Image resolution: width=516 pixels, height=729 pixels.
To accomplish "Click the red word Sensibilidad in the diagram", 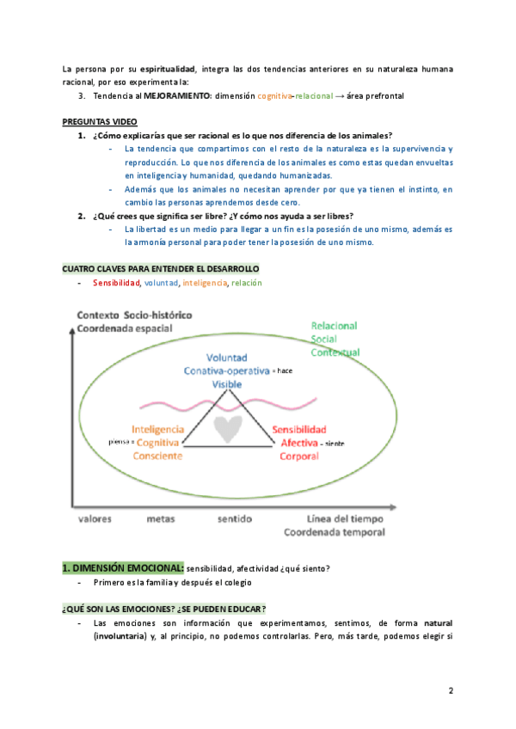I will coord(298,429).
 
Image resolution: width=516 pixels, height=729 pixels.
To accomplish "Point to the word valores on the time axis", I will coord(95,519).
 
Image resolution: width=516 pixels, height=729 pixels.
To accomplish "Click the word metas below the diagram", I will coord(161,519).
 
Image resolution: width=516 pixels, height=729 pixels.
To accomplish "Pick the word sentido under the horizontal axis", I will coord(235,519).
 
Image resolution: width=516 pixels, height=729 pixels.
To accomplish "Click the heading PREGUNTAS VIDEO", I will coord(101,121).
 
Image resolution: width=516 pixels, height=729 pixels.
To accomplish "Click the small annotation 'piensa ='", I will coord(121,441).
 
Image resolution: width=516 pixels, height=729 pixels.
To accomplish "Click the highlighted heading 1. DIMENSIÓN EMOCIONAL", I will coord(122,567).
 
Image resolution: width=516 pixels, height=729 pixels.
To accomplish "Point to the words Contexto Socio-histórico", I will coord(134,314).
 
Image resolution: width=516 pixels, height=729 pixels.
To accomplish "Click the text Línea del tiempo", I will coord(345,519).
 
